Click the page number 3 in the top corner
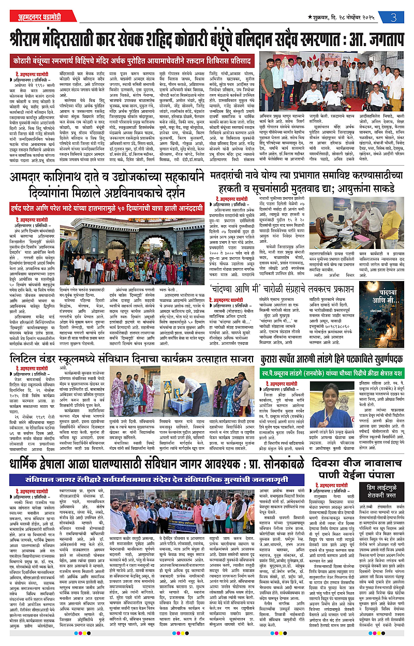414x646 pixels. [x=394, y=18]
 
